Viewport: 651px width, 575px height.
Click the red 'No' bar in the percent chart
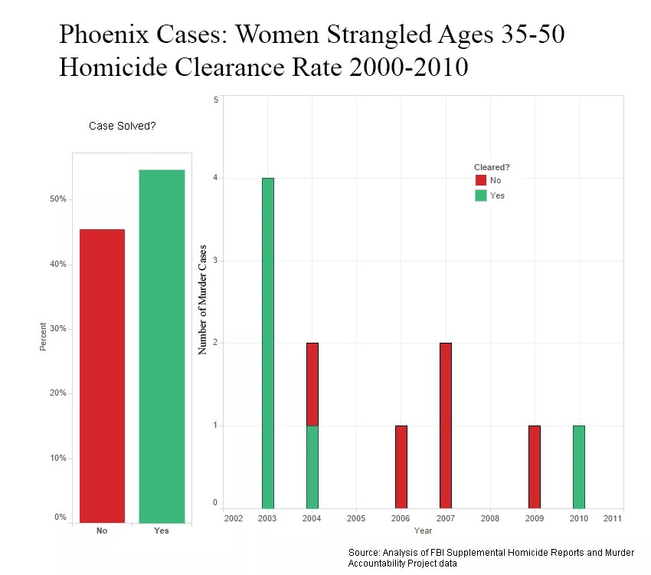(x=102, y=376)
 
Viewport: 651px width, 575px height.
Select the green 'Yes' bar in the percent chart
(x=162, y=346)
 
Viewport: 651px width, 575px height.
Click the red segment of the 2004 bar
(x=312, y=383)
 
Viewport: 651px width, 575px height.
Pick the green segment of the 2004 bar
(x=312, y=466)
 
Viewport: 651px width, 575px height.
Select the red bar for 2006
(x=401, y=466)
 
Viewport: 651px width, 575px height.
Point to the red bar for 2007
(x=445, y=425)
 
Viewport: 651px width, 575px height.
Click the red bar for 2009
(x=534, y=466)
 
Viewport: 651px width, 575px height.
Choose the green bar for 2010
(x=578, y=466)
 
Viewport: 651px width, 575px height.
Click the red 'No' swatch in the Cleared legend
(x=480, y=180)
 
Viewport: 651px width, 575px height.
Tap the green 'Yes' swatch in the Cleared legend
(x=480, y=195)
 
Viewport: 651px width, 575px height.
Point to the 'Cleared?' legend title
(x=492, y=167)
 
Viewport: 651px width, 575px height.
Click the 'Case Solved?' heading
(x=123, y=126)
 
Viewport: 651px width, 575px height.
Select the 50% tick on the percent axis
(x=58, y=199)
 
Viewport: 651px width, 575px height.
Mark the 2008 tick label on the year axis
(x=489, y=519)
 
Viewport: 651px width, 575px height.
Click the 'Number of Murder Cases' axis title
(x=203, y=298)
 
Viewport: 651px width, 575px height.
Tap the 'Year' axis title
(x=423, y=531)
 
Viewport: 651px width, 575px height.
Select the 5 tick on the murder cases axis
(x=216, y=100)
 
